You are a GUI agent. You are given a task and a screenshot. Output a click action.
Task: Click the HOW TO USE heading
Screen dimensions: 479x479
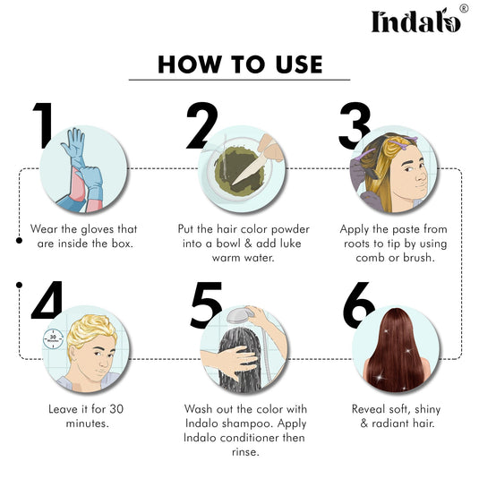pos(239,64)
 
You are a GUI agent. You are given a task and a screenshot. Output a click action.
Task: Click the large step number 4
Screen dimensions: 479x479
pos(47,300)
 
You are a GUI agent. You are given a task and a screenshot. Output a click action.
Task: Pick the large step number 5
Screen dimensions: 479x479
pos(205,304)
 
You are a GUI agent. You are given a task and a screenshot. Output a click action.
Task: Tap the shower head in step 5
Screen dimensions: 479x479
pos(238,315)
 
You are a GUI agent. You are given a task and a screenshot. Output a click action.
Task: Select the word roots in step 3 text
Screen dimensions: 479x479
pos(359,244)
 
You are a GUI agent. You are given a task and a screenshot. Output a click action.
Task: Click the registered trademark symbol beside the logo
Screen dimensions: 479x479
pos(463,9)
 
